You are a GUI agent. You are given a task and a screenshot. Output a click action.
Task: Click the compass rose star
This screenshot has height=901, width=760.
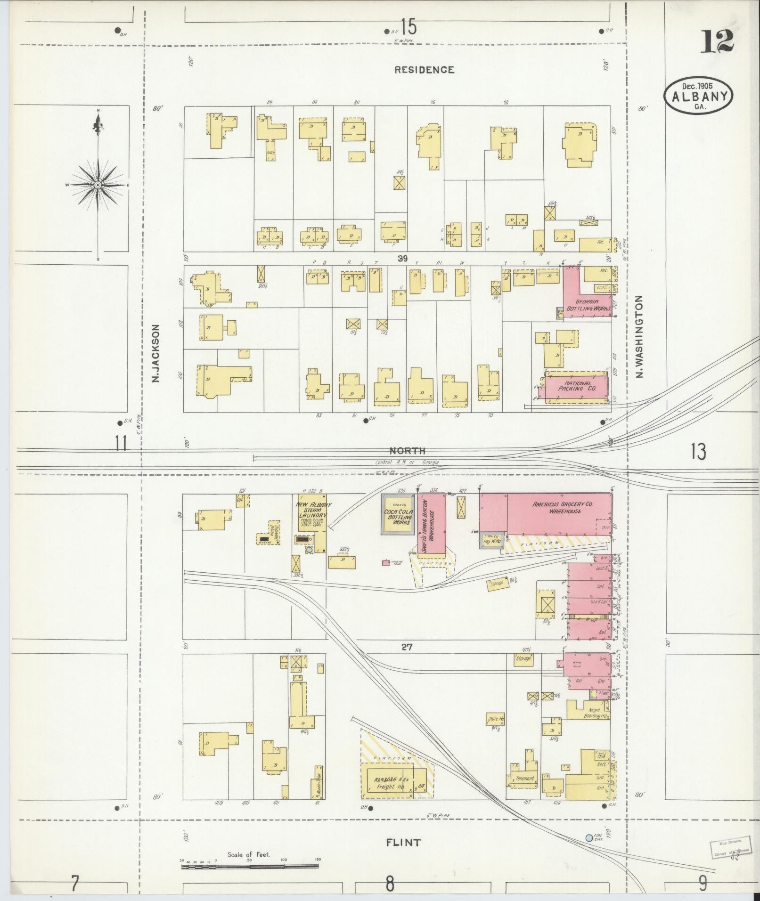tap(98, 185)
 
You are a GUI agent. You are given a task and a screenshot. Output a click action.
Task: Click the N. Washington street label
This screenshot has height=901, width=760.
tap(639, 336)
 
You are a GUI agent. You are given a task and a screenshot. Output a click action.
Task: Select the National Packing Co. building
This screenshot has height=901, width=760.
tap(576, 386)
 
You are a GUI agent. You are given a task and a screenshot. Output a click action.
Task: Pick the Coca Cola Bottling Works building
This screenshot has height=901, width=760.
tap(399, 514)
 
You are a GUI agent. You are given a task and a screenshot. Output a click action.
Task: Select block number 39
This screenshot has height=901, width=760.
tap(402, 258)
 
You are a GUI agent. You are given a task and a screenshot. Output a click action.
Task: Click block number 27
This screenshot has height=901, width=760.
tap(407, 647)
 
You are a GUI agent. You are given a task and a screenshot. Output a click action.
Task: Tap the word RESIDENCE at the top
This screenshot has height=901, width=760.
tap(424, 70)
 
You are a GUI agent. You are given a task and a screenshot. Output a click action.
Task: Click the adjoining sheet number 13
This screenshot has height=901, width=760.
tap(698, 452)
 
